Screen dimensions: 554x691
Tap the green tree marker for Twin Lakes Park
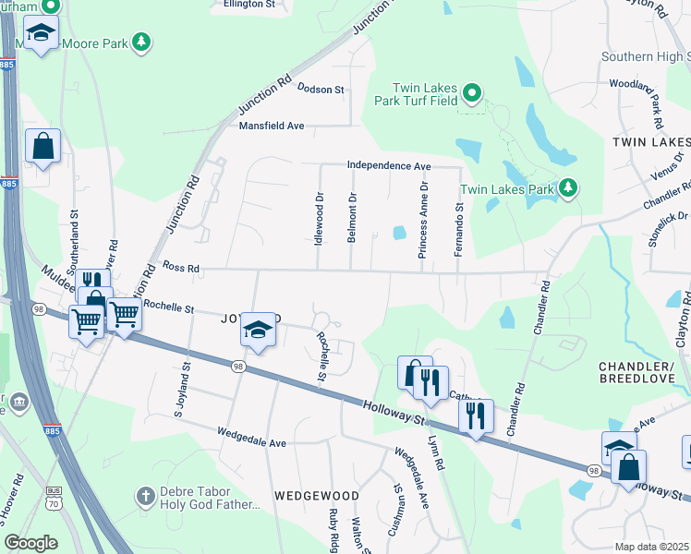[569, 188]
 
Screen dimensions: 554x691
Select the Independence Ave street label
[389, 165]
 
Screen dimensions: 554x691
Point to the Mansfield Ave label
[272, 126]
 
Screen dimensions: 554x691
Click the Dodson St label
[321, 90]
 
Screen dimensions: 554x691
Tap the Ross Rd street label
[181, 267]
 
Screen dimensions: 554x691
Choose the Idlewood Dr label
[320, 217]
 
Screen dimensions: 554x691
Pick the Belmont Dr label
[352, 218]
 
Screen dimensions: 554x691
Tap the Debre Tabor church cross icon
[145, 497]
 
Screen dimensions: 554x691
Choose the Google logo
[31, 543]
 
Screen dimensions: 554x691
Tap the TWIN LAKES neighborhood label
[650, 143]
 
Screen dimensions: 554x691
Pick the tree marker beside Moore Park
[140, 42]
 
